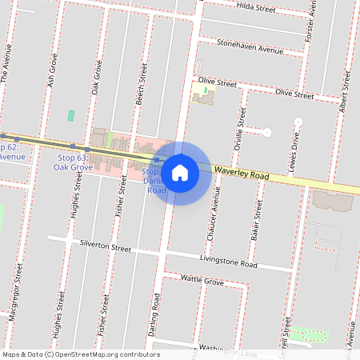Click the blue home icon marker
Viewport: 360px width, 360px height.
(180, 172)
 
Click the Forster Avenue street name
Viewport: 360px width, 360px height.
(311, 22)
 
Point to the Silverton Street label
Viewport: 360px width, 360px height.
(105, 246)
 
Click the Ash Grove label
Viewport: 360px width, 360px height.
(54, 70)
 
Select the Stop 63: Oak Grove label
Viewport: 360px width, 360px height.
(73, 162)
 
